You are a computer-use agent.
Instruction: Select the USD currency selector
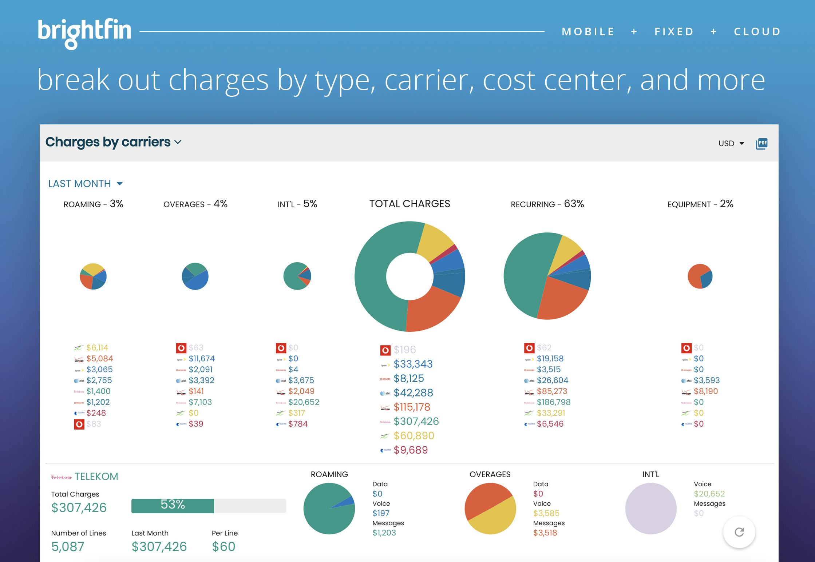731,143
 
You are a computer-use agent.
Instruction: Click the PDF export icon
761,143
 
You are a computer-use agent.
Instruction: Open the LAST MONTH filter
86,184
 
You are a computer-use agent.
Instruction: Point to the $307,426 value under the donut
416,422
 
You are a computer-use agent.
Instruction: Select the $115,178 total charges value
412,407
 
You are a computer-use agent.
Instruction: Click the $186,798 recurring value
553,402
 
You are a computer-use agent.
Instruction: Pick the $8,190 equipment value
706,391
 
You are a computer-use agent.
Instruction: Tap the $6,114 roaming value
97,347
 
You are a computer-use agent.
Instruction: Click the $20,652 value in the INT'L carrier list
304,402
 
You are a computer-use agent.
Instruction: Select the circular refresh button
739,532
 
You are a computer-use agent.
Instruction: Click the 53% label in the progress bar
173,505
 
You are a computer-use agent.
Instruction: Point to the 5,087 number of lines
68,546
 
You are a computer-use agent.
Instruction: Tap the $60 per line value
223,546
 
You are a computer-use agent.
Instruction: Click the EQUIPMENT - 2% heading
700,204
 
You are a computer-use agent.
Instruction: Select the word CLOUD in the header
757,32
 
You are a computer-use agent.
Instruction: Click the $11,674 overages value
202,358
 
